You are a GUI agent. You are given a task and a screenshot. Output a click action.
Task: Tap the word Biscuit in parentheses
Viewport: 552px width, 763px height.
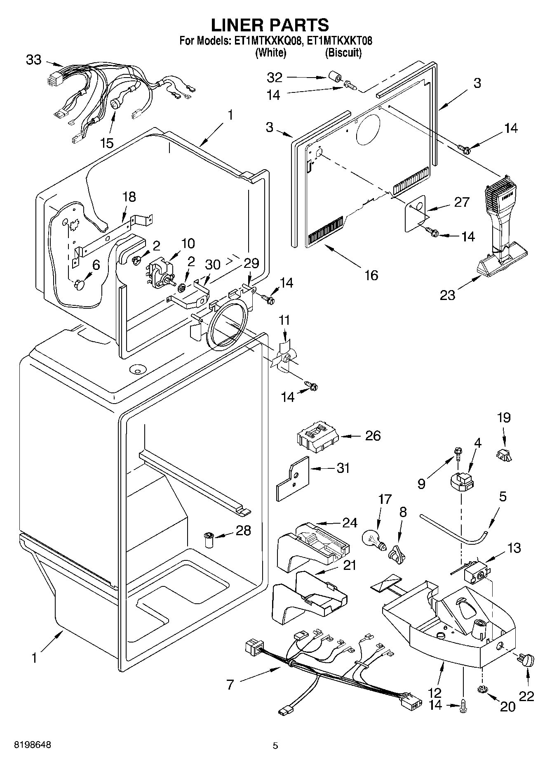click(343, 53)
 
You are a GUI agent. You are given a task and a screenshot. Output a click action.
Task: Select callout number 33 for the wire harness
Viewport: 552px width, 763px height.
click(33, 60)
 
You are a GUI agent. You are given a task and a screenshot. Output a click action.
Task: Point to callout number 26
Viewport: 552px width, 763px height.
click(373, 436)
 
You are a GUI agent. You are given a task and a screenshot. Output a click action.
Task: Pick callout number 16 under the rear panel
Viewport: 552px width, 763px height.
click(371, 275)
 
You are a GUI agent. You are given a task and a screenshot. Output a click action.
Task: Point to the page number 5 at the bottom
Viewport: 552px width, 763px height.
click(275, 746)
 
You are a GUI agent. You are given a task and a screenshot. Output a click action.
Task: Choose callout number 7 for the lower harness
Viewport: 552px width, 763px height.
click(230, 685)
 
